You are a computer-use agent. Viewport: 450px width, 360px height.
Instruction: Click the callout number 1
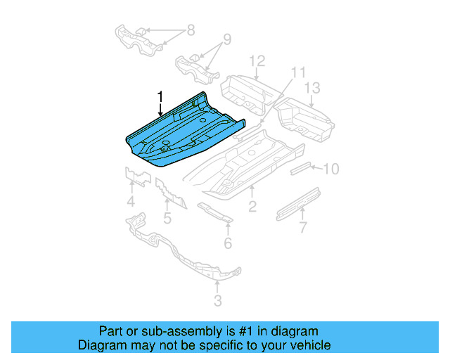coord(160,96)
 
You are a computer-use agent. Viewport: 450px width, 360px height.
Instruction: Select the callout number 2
coord(252,206)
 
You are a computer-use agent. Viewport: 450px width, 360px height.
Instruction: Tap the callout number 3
coord(217,301)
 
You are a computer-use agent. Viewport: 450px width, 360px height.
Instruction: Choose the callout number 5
coord(167,218)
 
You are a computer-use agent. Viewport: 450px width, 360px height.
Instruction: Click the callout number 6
coord(228,243)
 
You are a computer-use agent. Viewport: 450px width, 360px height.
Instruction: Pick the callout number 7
coord(303,227)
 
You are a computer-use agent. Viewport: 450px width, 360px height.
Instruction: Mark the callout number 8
coord(189,31)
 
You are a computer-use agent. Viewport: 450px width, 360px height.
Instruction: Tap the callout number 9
coord(227,39)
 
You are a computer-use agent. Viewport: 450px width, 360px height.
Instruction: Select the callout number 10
coord(331,168)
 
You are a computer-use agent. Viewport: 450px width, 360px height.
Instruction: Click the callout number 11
coord(299,72)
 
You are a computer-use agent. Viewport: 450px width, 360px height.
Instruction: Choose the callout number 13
coord(312,87)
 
